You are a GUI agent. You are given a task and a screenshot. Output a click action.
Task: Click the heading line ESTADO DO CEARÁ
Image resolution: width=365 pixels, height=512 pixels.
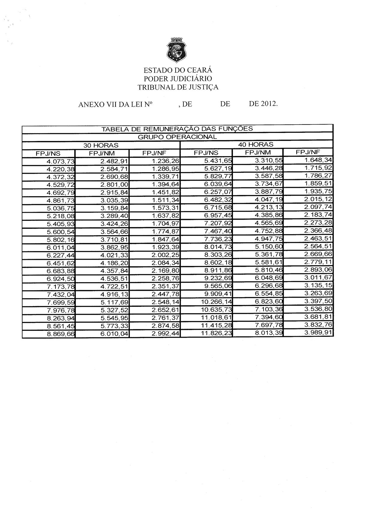coord(178,70)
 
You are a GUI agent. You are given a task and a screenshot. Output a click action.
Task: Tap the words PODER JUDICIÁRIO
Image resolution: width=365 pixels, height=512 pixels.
coord(178,79)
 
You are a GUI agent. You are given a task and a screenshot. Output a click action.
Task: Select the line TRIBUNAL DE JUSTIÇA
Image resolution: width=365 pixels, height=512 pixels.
coord(178,87)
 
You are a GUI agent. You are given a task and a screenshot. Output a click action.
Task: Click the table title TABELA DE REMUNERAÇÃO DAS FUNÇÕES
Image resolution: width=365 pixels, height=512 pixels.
coord(177,129)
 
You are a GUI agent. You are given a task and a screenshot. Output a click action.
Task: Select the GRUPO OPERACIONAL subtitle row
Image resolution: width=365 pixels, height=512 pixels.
coord(177,137)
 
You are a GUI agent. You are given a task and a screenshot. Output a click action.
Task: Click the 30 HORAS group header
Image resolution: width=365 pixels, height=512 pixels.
coord(101,145)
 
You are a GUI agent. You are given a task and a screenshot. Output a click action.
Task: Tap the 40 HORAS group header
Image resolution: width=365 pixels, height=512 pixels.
coord(256,145)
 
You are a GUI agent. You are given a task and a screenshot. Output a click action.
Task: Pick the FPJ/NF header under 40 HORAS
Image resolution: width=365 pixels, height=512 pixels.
coord(308,152)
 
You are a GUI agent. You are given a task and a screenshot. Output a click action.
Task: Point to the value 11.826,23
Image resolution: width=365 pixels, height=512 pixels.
coord(216,333)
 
